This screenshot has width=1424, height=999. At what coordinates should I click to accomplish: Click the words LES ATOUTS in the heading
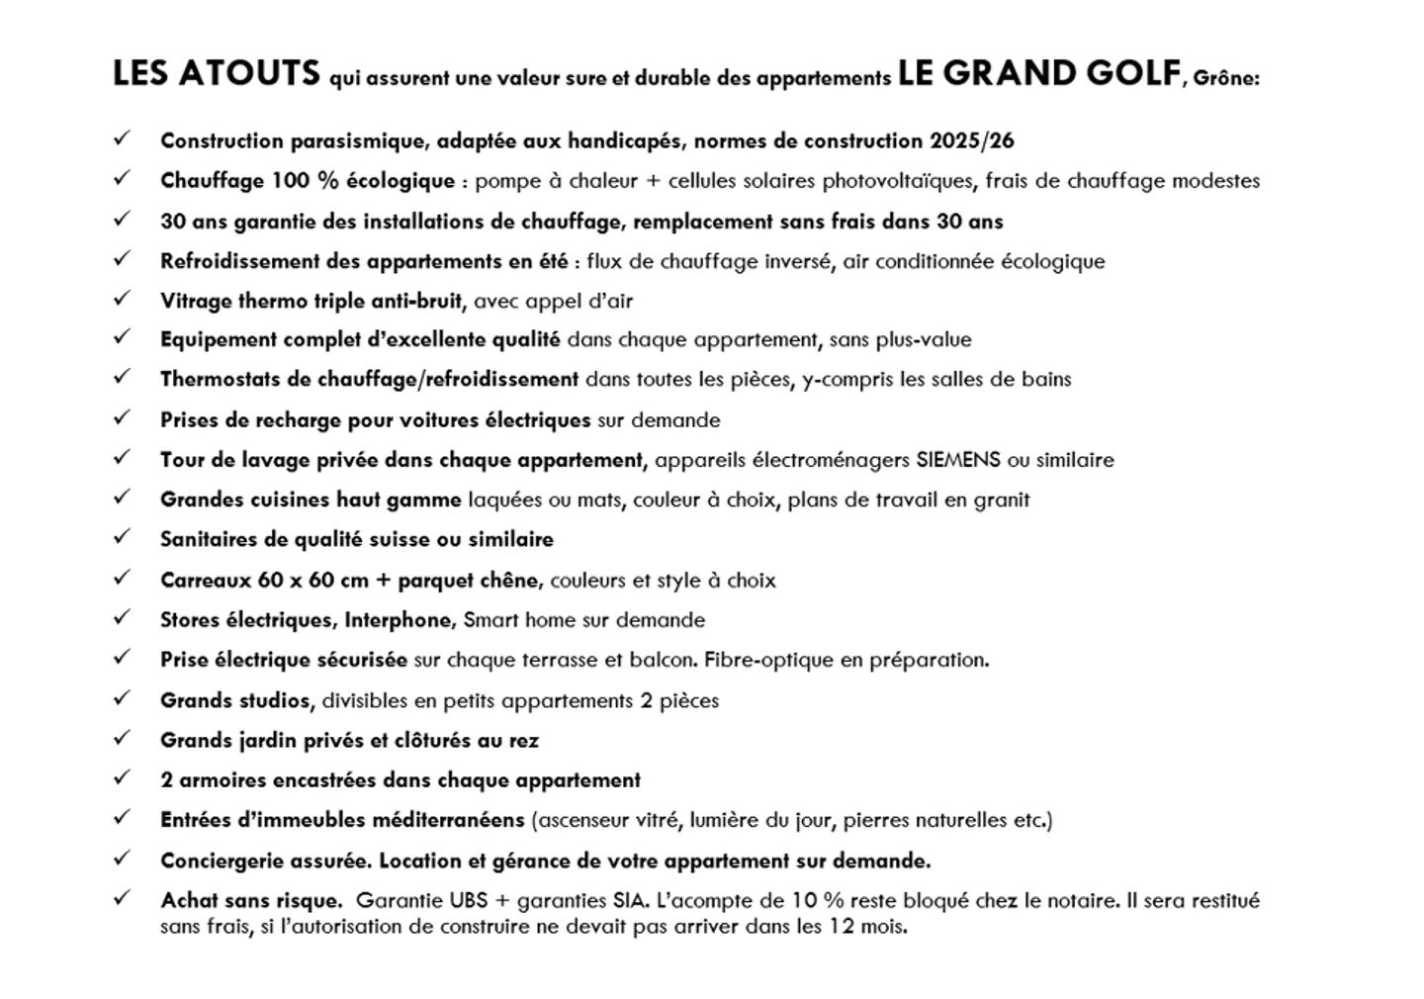click(x=217, y=74)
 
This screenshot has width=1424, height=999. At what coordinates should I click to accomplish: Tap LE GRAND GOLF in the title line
click(x=1039, y=74)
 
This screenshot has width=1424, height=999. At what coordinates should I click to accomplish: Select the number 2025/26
click(x=971, y=140)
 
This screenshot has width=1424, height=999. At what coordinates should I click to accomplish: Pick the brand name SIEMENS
click(x=958, y=460)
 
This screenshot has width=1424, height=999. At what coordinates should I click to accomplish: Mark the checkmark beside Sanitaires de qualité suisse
click(x=122, y=537)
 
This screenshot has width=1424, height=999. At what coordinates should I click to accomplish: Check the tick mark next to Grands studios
click(x=122, y=698)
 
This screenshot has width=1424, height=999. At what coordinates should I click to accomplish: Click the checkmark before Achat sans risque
click(x=122, y=899)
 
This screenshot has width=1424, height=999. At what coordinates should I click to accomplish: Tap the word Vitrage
click(x=196, y=301)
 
